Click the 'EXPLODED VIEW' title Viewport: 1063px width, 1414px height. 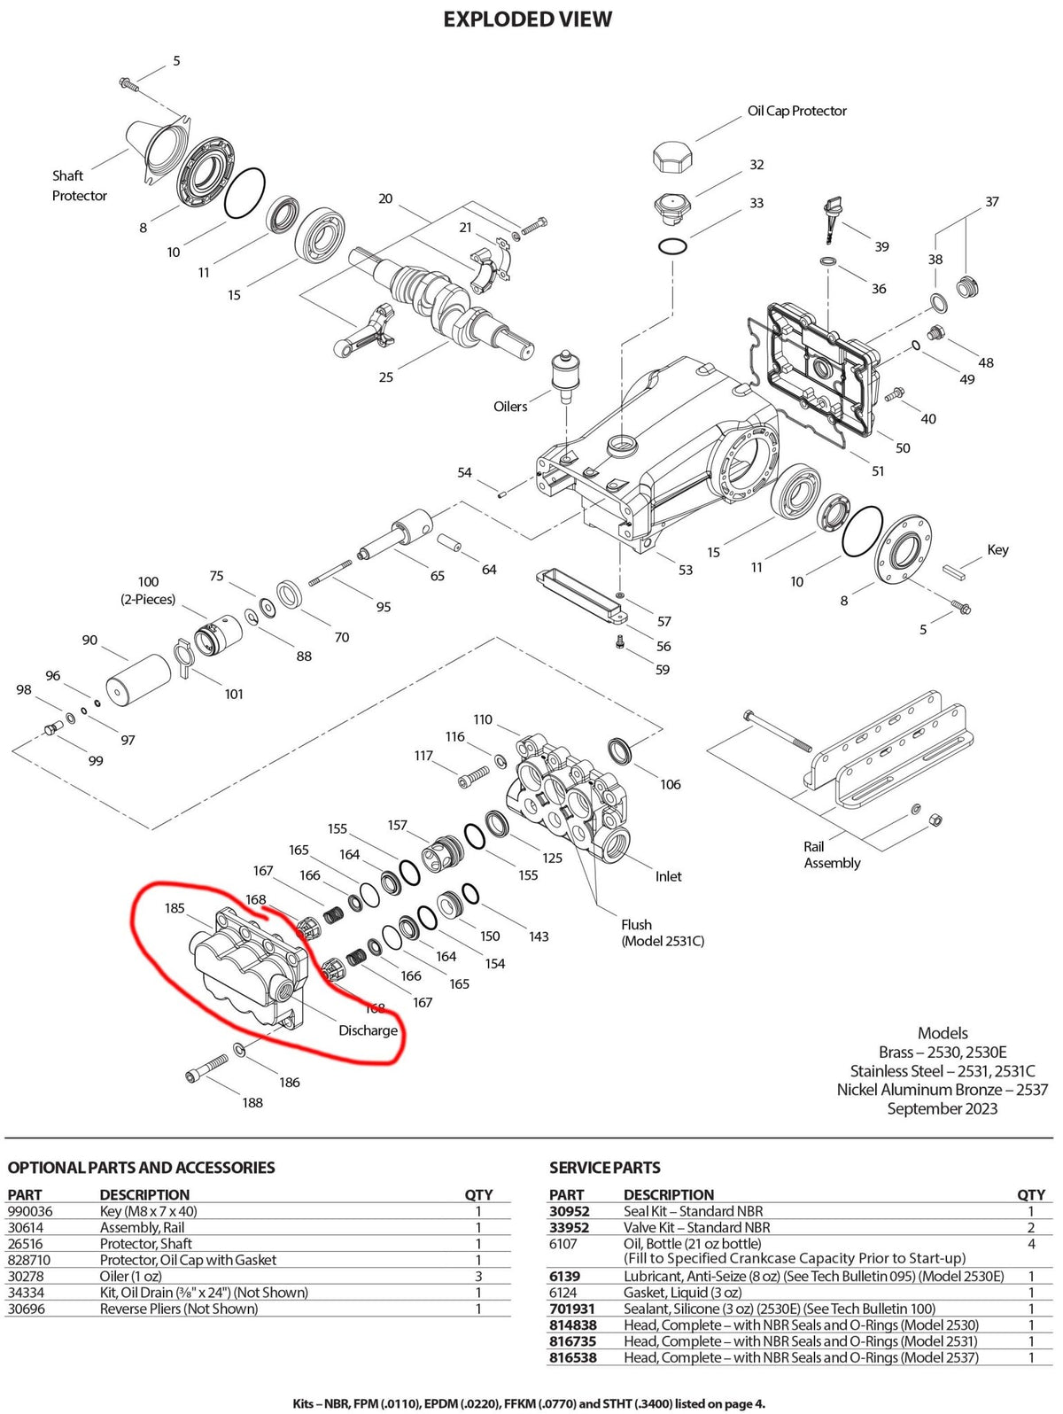point(527,19)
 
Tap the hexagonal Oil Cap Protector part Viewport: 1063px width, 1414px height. point(673,158)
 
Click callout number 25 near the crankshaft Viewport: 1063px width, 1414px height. point(385,377)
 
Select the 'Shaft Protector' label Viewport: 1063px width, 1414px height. point(79,185)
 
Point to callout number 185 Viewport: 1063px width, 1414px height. point(175,907)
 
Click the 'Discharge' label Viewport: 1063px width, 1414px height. point(368,1030)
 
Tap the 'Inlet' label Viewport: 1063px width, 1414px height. point(668,876)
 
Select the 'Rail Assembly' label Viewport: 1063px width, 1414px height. point(832,855)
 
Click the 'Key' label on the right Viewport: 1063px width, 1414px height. point(997,549)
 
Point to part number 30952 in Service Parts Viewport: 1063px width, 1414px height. point(570,1211)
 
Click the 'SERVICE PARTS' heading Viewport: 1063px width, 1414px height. point(604,1168)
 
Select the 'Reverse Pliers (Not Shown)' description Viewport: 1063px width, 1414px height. point(178,1309)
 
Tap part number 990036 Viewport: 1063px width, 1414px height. point(30,1211)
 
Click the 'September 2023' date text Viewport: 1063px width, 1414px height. point(942,1108)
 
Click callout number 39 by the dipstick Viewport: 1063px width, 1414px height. point(881,246)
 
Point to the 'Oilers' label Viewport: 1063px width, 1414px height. point(510,407)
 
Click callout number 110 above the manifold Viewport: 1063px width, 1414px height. point(483,719)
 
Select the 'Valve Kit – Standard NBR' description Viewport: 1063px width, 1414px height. point(696,1228)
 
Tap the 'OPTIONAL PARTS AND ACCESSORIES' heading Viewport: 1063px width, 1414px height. point(141,1168)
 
